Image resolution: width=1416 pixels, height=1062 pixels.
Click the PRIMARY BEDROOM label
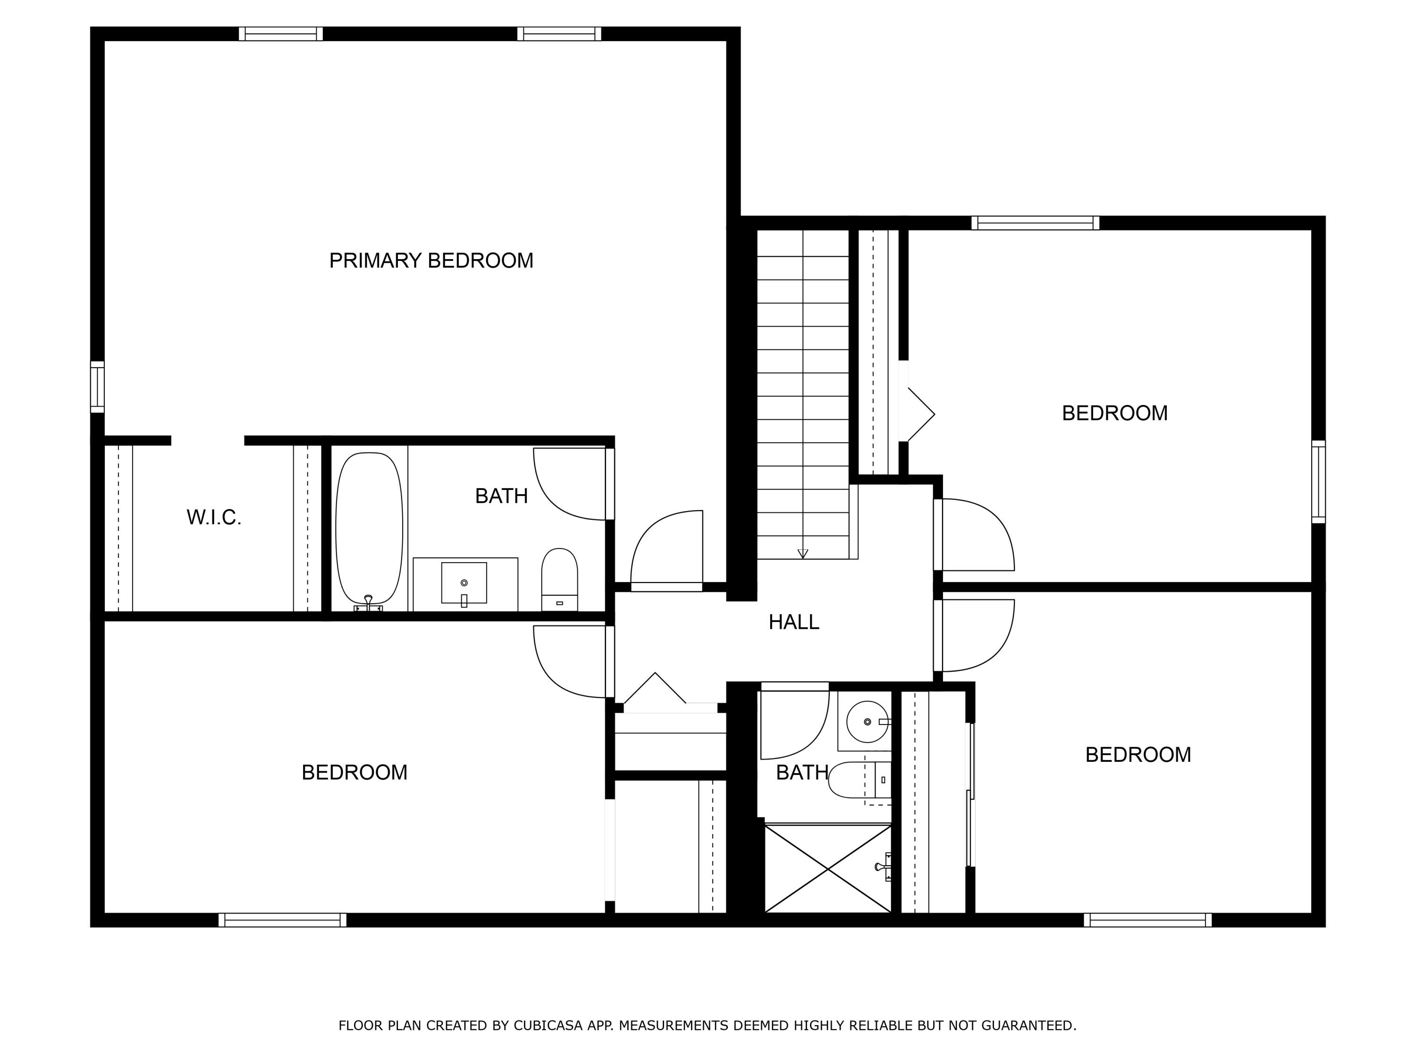click(x=431, y=261)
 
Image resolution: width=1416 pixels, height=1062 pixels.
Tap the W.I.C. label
click(x=214, y=517)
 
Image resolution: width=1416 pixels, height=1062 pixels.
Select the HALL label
click(x=794, y=622)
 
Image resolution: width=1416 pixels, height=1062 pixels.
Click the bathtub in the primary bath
click(x=370, y=528)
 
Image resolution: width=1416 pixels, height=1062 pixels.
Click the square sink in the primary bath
click(x=464, y=582)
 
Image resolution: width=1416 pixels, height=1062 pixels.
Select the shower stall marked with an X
click(x=828, y=868)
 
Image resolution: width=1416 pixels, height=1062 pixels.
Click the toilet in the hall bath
click(x=858, y=780)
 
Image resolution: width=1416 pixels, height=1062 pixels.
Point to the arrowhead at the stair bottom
click(x=803, y=554)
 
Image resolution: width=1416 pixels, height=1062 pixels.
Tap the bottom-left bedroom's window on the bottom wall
click(x=282, y=920)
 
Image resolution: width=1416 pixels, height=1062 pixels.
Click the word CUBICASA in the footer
click(x=548, y=1026)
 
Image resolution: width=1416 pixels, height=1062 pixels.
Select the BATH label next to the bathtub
click(x=501, y=496)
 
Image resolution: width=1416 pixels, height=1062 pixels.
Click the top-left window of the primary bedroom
click(x=281, y=34)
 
